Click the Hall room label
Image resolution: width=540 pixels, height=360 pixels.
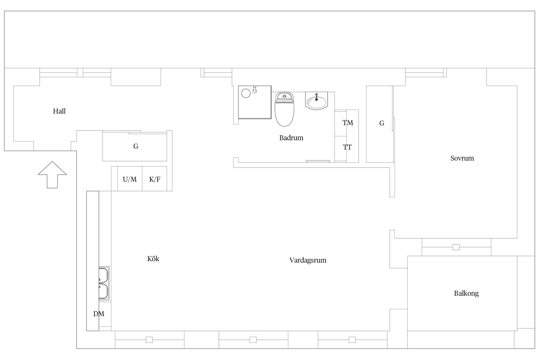pos(59,111)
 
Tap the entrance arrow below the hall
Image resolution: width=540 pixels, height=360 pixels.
pos(52,175)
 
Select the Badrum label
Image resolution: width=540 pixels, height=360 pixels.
pos(291,138)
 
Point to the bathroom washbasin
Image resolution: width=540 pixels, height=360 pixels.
pos(316,100)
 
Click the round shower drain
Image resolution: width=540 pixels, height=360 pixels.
pos(246,93)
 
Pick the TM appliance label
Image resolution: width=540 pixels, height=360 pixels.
pos(348,123)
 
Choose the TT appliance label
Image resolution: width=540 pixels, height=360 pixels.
pos(347,147)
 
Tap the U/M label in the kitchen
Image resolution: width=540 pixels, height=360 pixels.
pos(130,179)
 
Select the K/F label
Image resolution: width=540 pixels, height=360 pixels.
pos(155,179)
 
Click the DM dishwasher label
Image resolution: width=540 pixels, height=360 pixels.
pos(99,314)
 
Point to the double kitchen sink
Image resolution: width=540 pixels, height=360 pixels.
pos(104,283)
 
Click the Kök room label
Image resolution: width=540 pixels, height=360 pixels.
pos(153,259)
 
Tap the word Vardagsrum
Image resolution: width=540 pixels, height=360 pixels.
pos(308,260)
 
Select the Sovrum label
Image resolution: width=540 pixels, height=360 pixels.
pos(462,158)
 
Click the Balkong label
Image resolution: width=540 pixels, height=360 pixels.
pos(466,293)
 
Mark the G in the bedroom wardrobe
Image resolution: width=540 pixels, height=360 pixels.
pos(382,123)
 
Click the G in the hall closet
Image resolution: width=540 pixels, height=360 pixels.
pos(136,146)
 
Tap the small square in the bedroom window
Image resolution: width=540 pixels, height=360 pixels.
pos(456,247)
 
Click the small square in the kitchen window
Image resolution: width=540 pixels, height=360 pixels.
pos(149,340)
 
